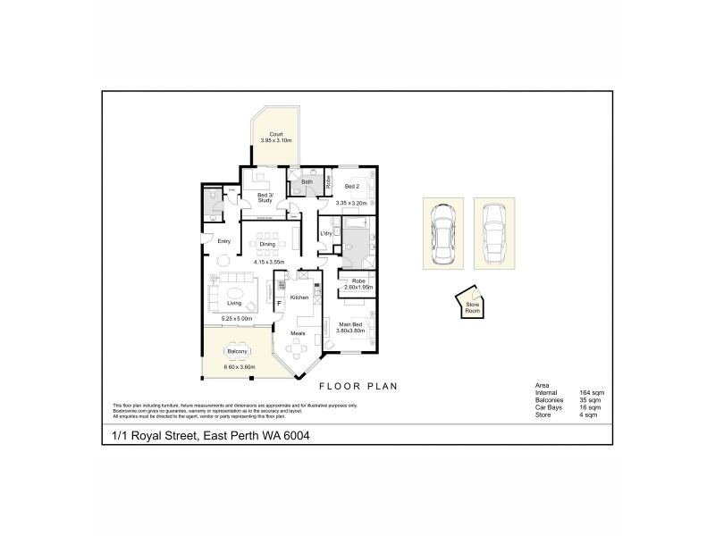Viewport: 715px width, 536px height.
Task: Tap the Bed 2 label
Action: coord(352,186)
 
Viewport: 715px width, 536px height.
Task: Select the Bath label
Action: coord(307,181)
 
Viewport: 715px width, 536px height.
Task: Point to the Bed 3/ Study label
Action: coord(264,197)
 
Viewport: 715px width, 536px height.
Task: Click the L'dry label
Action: coord(326,233)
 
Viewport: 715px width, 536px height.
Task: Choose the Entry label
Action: coord(224,241)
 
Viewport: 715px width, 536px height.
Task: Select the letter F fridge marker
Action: coord(279,304)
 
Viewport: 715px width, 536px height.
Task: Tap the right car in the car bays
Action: coord(493,232)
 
